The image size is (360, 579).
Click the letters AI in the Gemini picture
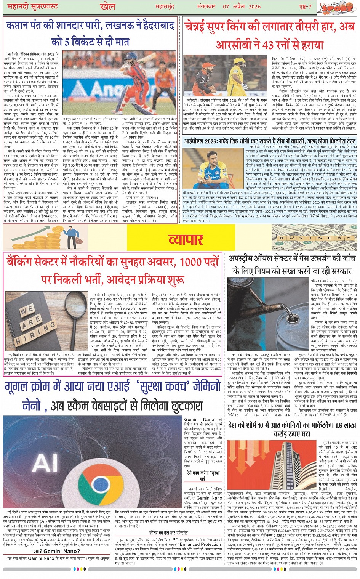click(46, 463)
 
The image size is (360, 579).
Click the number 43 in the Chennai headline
click(268, 45)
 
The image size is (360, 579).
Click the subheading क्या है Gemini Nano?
click(56, 551)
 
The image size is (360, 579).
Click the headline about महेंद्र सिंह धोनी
click(270, 141)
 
